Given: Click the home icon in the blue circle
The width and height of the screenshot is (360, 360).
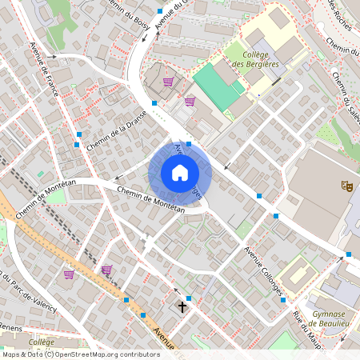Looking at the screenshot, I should point(180,173).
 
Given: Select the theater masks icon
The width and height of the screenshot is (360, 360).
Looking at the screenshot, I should point(347,186).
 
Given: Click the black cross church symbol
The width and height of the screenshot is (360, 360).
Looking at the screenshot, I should point(182,306).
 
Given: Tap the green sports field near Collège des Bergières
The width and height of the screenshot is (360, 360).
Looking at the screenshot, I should point(217,86).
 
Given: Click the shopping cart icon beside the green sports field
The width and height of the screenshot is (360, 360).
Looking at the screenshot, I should point(190,102).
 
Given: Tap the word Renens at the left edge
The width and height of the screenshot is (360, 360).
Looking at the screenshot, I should point(10,327).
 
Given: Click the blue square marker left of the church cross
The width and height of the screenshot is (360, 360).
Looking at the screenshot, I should point(142,315).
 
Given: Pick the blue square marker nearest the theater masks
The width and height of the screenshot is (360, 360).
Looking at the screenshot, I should point(349,255).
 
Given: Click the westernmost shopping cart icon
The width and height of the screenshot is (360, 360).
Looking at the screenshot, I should point(69,274).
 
